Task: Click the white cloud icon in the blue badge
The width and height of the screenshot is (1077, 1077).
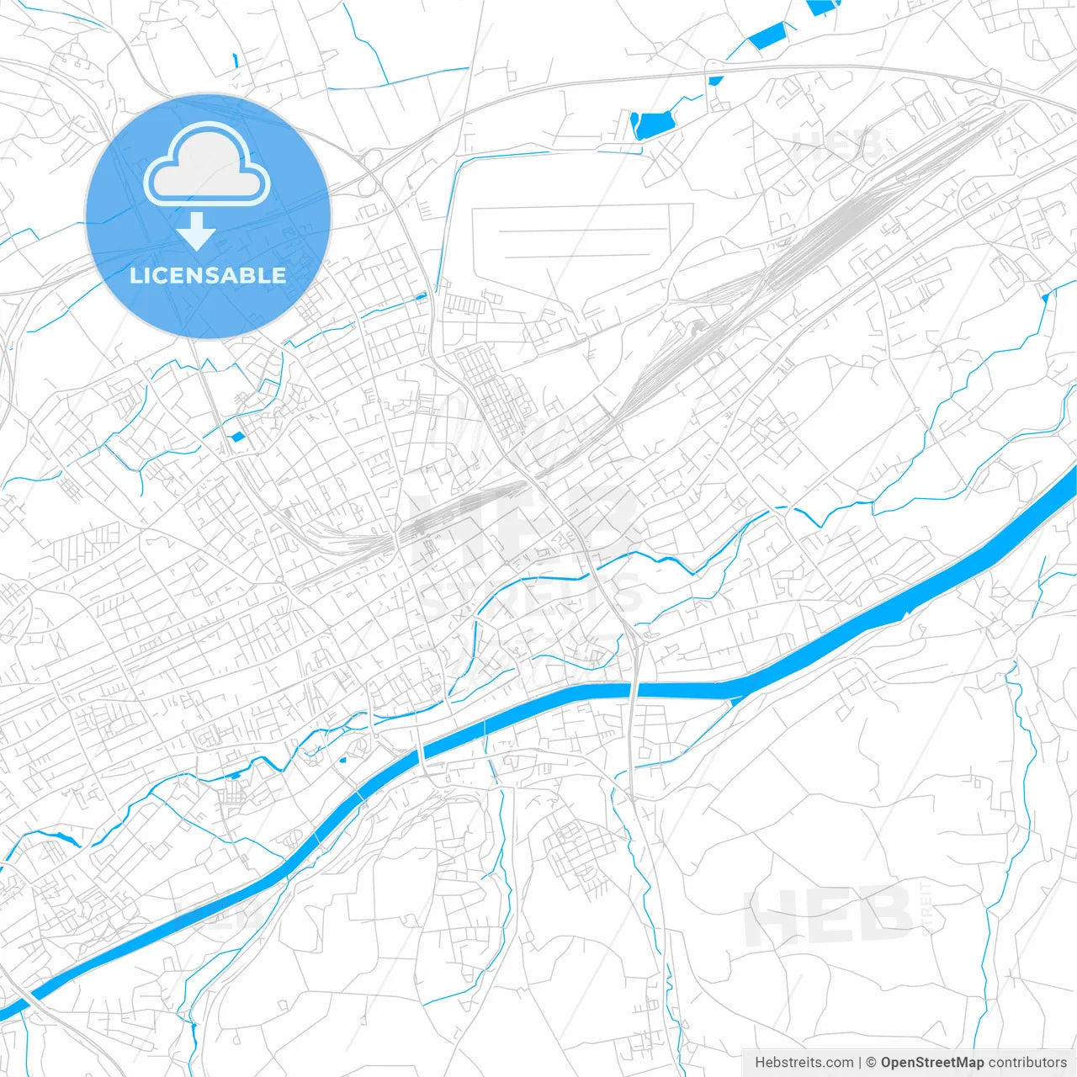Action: [207, 164]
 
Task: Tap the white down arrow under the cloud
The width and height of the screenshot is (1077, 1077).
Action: [197, 231]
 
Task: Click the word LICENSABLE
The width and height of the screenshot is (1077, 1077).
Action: [208, 275]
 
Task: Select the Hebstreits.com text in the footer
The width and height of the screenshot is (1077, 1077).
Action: [804, 1063]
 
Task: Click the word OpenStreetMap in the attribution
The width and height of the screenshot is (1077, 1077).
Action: [932, 1063]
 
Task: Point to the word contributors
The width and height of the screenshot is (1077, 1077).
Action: [1027, 1063]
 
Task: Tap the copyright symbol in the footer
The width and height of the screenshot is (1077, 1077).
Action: [871, 1063]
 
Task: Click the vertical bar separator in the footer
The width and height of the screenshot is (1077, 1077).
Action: [859, 1063]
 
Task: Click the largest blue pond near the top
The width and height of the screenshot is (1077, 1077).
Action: [652, 125]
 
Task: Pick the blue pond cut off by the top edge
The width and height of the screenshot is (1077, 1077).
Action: [822, 7]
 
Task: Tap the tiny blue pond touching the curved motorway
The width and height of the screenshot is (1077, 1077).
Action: [715, 81]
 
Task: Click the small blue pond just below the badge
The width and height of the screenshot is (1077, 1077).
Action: [237, 437]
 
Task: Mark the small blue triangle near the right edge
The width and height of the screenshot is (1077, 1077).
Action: [1046, 295]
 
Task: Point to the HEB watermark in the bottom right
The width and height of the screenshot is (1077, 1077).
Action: [829, 915]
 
